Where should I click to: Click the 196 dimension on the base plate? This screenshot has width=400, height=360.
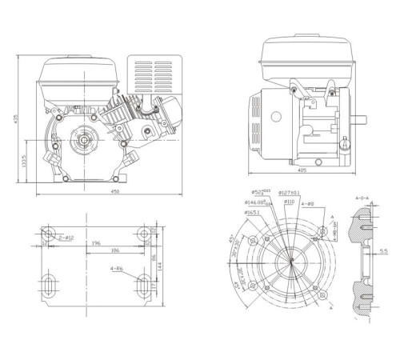95,244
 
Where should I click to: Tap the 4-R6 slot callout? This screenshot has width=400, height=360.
118,270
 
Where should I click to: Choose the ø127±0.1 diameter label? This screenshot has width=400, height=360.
289,193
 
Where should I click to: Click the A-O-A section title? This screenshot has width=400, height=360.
363,194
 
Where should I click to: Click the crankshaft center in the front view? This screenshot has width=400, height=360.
82,142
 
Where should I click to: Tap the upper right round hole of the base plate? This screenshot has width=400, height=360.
144,234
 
